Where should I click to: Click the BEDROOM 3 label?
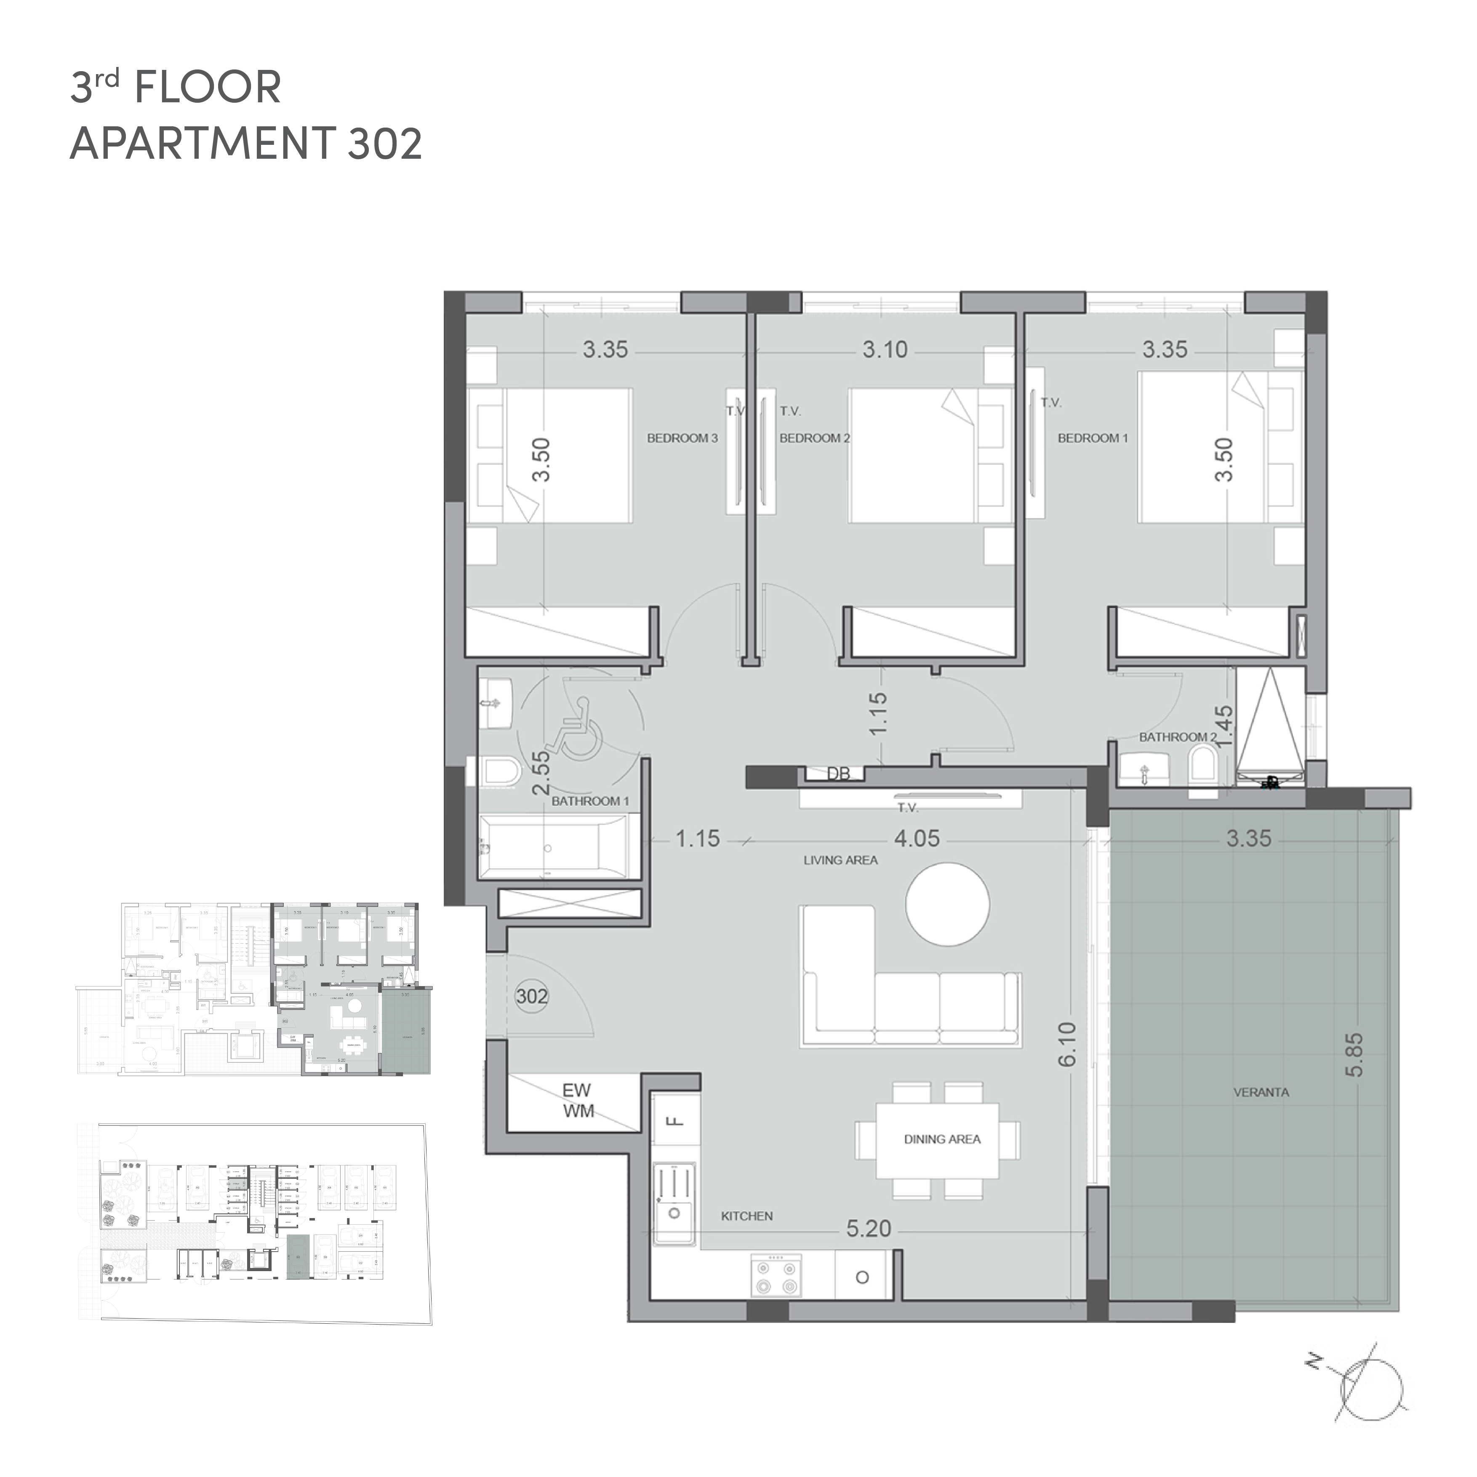point(682,438)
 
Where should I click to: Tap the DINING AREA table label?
point(942,1139)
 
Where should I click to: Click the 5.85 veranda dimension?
point(1354,1055)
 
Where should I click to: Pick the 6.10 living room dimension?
point(1067,1044)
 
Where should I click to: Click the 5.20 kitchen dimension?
point(869,1229)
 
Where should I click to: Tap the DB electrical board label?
point(839,774)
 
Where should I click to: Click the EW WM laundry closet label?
point(578,1101)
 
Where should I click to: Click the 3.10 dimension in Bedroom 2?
point(885,350)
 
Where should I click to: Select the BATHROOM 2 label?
point(1177,737)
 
